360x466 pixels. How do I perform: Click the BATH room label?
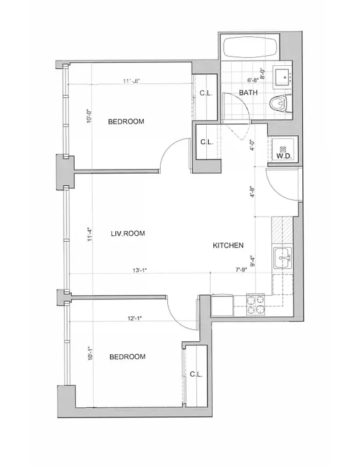point(248,93)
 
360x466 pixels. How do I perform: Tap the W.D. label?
point(283,156)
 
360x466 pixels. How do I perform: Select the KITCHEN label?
point(228,246)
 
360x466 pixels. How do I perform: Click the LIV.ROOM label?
point(128,233)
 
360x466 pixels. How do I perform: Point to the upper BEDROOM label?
point(126,122)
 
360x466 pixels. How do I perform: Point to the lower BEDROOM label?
point(127,356)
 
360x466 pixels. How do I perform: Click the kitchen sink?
point(283,255)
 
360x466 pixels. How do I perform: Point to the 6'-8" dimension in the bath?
point(252,80)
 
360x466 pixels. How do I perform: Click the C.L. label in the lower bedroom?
point(195,375)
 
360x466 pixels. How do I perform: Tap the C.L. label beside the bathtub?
point(206,93)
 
